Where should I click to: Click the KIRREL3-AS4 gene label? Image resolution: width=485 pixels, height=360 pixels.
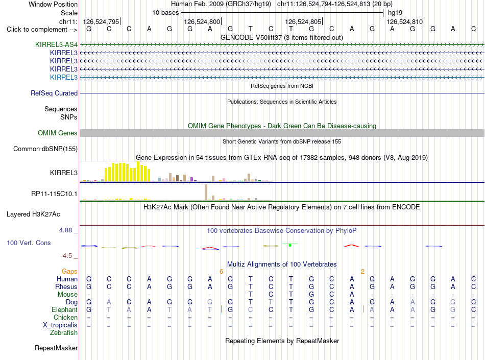pyautogui.click(x=56, y=44)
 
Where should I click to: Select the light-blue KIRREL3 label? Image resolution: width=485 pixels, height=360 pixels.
pyautogui.click(x=64, y=77)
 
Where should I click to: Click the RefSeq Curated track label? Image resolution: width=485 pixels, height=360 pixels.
pyautogui.click(x=54, y=93)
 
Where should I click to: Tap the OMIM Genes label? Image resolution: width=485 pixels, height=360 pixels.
pyautogui.click(x=58, y=133)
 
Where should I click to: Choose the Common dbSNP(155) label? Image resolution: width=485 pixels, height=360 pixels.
pyautogui.click(x=45, y=149)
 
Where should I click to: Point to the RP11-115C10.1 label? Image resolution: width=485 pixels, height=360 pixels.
pyautogui.click(x=55, y=194)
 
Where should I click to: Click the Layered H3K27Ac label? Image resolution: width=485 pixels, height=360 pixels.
pyautogui.click(x=33, y=214)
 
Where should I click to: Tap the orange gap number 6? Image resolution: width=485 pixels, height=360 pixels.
pyautogui.click(x=221, y=272)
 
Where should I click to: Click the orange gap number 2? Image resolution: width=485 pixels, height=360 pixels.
pyautogui.click(x=362, y=272)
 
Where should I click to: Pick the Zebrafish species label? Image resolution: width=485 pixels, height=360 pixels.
pyautogui.click(x=64, y=333)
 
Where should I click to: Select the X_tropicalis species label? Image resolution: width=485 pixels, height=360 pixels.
pyautogui.click(x=60, y=325)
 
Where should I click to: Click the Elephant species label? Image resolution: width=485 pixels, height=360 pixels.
pyautogui.click(x=65, y=309)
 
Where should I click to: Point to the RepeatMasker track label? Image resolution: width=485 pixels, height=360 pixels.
pyautogui.click(x=56, y=348)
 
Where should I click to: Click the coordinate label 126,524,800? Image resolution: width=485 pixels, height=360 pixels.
pyautogui.click(x=202, y=21)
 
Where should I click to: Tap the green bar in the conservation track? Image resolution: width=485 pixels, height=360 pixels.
pyautogui.click(x=290, y=245)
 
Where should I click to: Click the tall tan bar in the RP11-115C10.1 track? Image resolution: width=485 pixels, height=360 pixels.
pyautogui.click(x=206, y=193)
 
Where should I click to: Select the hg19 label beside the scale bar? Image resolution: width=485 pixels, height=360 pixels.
pyautogui.click(x=395, y=13)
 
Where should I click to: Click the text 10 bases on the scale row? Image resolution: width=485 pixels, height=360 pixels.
pyautogui.click(x=165, y=13)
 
